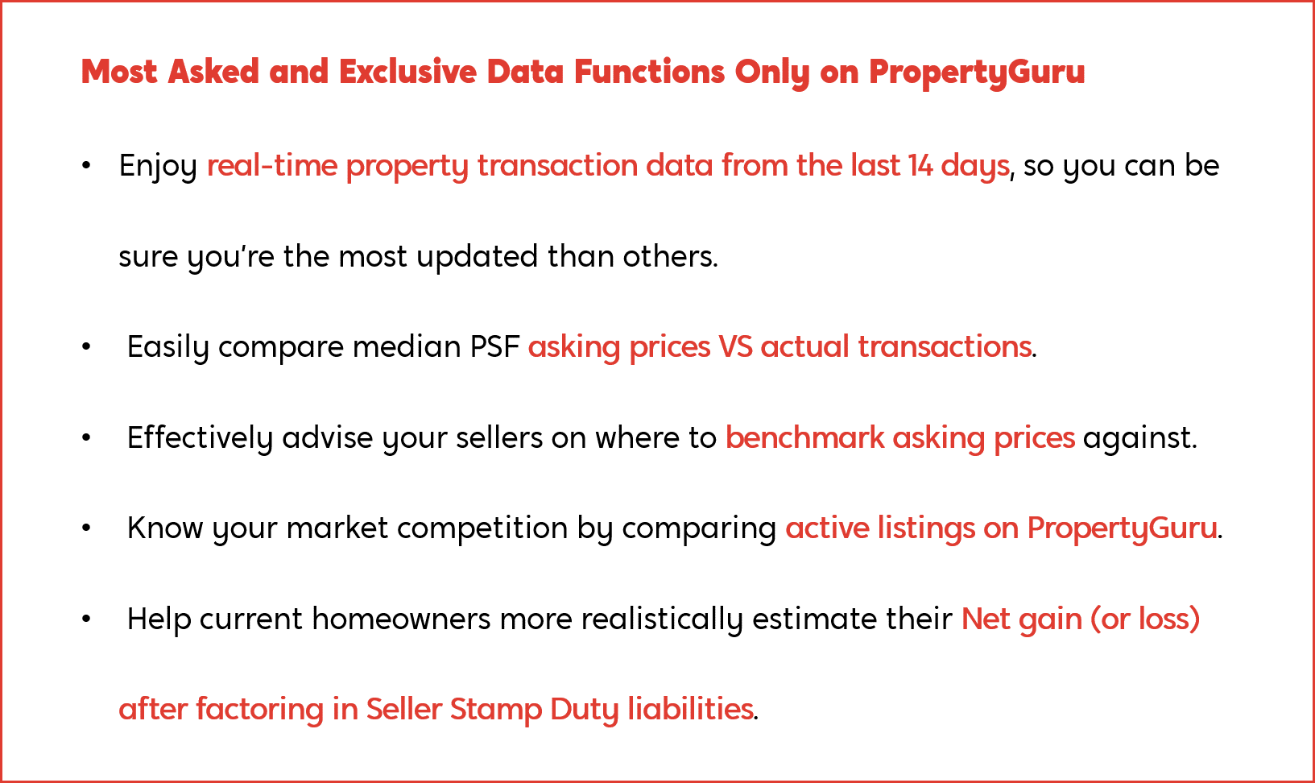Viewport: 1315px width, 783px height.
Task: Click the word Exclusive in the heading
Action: click(408, 72)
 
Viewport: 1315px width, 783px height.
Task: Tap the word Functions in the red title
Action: click(649, 72)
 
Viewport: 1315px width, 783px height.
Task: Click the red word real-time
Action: click(272, 166)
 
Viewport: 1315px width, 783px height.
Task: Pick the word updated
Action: click(477, 256)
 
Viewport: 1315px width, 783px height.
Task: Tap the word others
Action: click(671, 256)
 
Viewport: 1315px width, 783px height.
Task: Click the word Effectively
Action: click(200, 437)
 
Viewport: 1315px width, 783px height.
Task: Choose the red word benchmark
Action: click(804, 437)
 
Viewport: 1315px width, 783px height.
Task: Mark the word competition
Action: click(482, 528)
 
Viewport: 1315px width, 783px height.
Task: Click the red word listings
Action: click(926, 528)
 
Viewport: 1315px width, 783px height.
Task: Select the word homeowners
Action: click(401, 619)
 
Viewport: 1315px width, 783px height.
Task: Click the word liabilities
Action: click(690, 709)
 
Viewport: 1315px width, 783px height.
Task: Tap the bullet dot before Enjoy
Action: click(86, 166)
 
